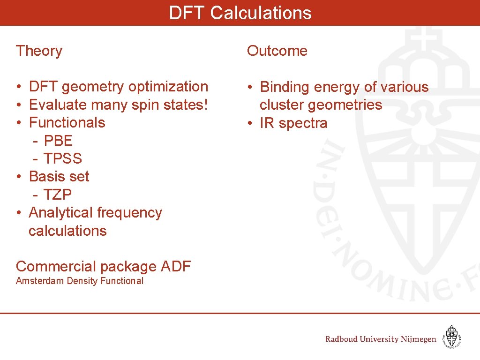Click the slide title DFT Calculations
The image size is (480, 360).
(240, 13)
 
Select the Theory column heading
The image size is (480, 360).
(39, 51)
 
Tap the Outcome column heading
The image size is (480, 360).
(277, 51)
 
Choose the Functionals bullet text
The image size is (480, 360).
(67, 122)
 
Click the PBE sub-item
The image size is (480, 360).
(58, 141)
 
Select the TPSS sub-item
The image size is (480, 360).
(63, 158)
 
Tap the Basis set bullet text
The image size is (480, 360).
(59, 177)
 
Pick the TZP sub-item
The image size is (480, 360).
(58, 195)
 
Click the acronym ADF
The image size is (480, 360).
(176, 266)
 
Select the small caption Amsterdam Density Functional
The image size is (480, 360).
(80, 281)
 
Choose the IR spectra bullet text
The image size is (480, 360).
(294, 123)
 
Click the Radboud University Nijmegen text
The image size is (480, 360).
(381, 339)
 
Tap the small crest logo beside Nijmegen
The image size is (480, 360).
(452, 337)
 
